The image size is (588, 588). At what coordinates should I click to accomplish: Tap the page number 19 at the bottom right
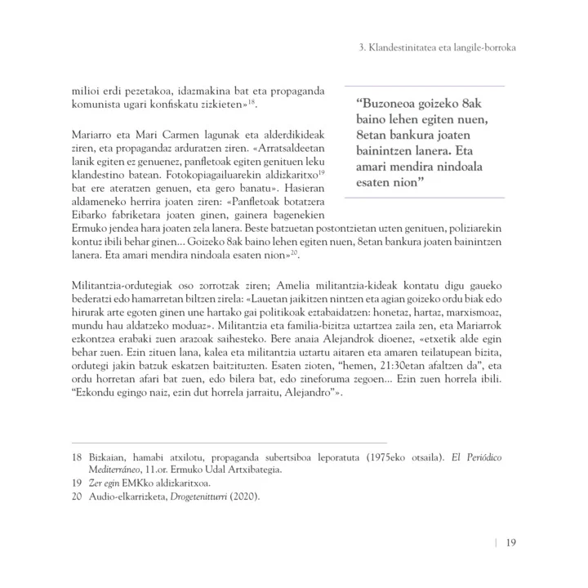[509, 542]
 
